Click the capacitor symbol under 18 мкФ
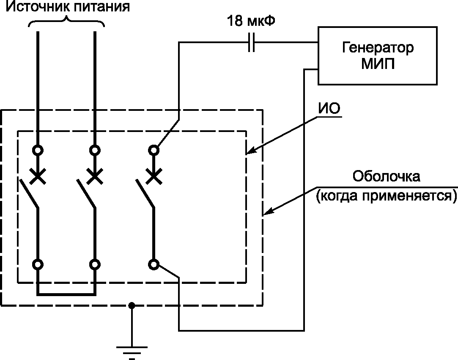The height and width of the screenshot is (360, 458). [x=251, y=43]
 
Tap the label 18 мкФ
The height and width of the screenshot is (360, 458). [x=251, y=21]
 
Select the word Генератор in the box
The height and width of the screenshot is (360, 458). [x=378, y=48]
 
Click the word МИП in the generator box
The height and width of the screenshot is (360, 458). [x=378, y=63]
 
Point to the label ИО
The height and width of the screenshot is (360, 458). [x=329, y=109]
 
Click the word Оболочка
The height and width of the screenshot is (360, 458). [x=387, y=176]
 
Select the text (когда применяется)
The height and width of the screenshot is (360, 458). [x=386, y=196]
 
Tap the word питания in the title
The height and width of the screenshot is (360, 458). [x=101, y=7]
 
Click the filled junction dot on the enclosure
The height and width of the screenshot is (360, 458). [x=132, y=306]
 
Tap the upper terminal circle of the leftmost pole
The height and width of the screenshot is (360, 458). [x=38, y=151]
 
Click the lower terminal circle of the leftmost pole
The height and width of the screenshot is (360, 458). [x=38, y=265]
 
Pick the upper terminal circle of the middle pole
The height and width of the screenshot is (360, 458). [x=95, y=151]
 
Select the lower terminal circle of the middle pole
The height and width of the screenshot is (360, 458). [x=95, y=265]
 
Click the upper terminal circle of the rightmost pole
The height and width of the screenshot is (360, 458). [x=154, y=151]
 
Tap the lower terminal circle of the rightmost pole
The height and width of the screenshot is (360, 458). [x=154, y=265]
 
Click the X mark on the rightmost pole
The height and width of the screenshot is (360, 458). [x=154, y=176]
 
